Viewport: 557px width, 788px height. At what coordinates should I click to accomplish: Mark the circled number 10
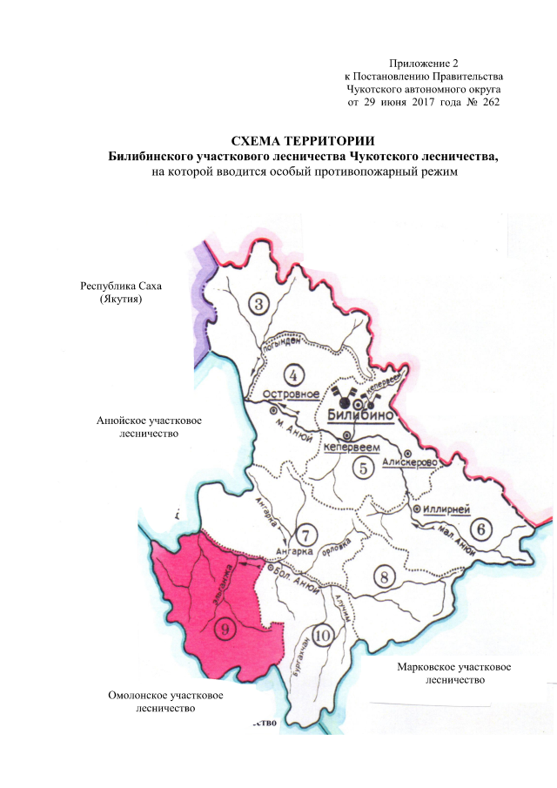click(x=323, y=636)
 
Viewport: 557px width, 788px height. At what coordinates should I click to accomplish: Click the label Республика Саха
click(x=121, y=286)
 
